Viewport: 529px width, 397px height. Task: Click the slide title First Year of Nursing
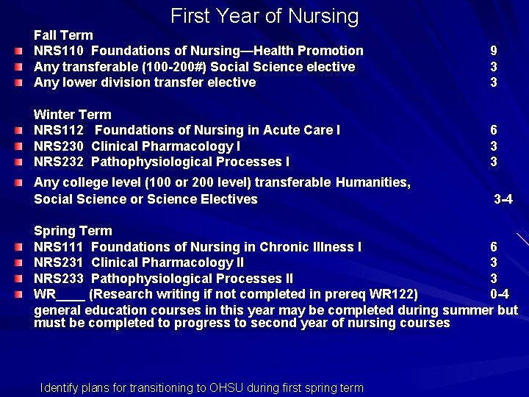(x=264, y=16)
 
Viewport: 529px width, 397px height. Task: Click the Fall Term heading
(x=64, y=35)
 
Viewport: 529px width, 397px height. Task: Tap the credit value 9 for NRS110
(x=494, y=51)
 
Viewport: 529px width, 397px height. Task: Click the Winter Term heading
(x=73, y=115)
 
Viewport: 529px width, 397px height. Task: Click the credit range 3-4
(x=503, y=199)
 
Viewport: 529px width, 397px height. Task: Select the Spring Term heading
(x=73, y=232)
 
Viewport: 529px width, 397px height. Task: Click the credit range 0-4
(x=500, y=295)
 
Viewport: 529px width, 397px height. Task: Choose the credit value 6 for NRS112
(x=494, y=130)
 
